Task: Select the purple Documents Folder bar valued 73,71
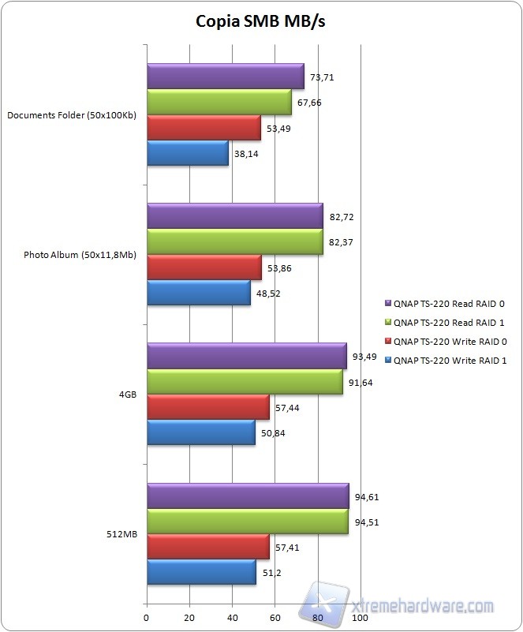(x=225, y=77)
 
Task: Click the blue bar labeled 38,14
(x=187, y=154)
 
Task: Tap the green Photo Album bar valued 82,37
(x=234, y=241)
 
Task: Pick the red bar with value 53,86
(x=204, y=267)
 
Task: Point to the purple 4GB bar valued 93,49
(x=246, y=356)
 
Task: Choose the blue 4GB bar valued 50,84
(x=200, y=433)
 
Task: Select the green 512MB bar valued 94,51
(x=247, y=521)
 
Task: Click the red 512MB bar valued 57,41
(x=207, y=546)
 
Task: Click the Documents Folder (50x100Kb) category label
(x=72, y=115)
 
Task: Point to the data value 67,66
(x=310, y=103)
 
